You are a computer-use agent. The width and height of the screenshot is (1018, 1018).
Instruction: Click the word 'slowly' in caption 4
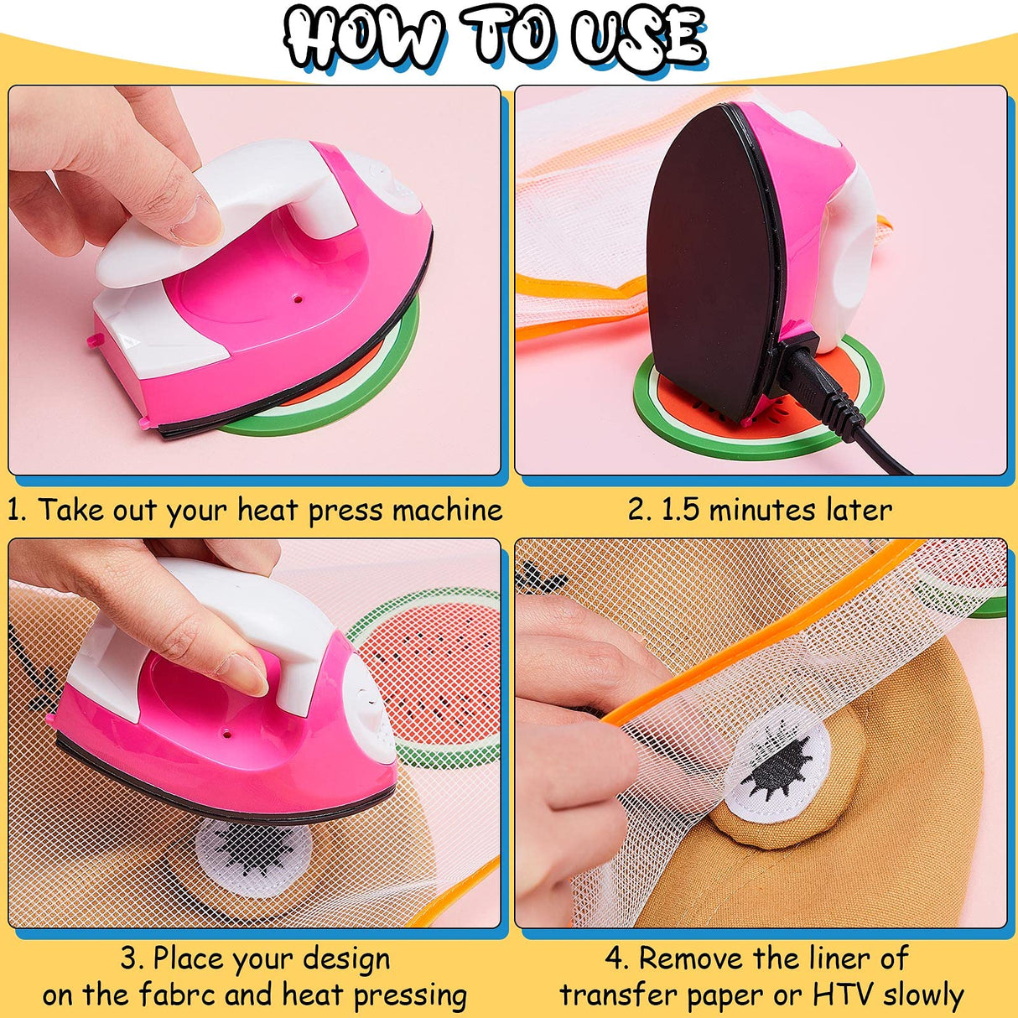tap(923, 995)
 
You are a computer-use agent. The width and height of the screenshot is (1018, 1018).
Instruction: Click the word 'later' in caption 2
tap(855, 510)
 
